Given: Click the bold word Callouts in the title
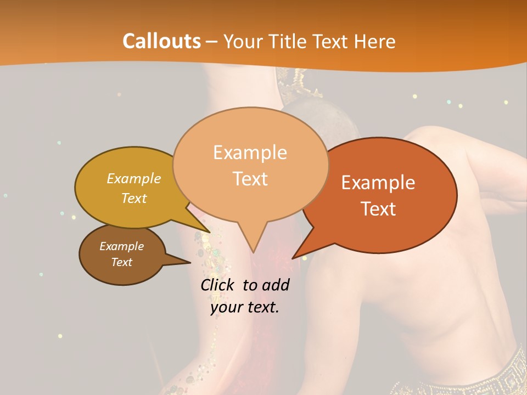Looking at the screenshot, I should pos(161,41).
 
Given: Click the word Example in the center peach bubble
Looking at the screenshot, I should pos(250,153).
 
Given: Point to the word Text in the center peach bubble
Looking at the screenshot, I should pos(250,179).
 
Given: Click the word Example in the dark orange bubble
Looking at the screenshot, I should pos(378,183).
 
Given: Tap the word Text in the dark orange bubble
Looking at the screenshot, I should pos(379,209).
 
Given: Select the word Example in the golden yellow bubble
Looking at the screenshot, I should pos(134,178).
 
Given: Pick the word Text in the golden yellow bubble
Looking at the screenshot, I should pos(134,198).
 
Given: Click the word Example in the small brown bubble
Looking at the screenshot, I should pos(121,246).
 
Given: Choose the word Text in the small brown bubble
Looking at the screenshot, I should pos(122,262).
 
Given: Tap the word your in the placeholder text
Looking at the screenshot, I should pos(225,307).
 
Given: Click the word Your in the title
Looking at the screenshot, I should pos(242,41).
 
